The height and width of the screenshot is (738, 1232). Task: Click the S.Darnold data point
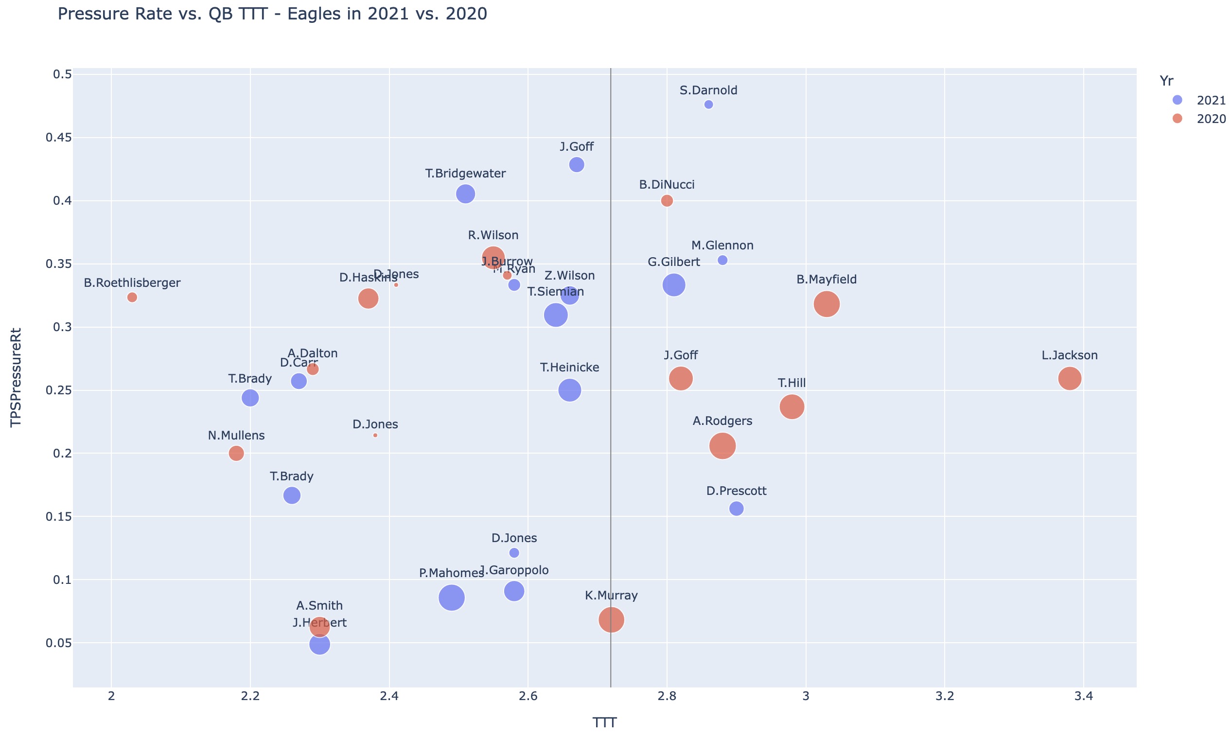click(x=708, y=105)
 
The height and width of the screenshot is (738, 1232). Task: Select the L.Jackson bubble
click(x=1070, y=378)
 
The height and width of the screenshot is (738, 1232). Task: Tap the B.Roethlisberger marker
click(x=132, y=298)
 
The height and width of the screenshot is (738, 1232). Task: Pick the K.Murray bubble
click(x=611, y=620)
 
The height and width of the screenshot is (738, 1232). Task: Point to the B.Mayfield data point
click(x=827, y=304)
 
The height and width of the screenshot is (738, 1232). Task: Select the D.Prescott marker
click(x=736, y=509)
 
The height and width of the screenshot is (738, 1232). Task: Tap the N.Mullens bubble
click(x=236, y=453)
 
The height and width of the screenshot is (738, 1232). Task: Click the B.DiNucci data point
click(x=667, y=200)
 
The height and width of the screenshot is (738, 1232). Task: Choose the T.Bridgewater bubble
click(x=465, y=193)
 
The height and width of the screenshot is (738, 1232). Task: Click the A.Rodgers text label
click(x=722, y=421)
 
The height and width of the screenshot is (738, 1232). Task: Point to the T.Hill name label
click(x=792, y=383)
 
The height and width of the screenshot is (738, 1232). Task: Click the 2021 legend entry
click(x=1203, y=100)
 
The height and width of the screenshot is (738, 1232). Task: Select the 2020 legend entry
click(x=1203, y=119)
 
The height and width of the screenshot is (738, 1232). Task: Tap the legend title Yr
click(x=1166, y=81)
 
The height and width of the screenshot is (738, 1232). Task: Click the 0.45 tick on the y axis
click(x=59, y=137)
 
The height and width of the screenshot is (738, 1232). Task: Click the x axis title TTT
click(x=604, y=722)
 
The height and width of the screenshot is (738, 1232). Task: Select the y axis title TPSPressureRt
click(x=17, y=376)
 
